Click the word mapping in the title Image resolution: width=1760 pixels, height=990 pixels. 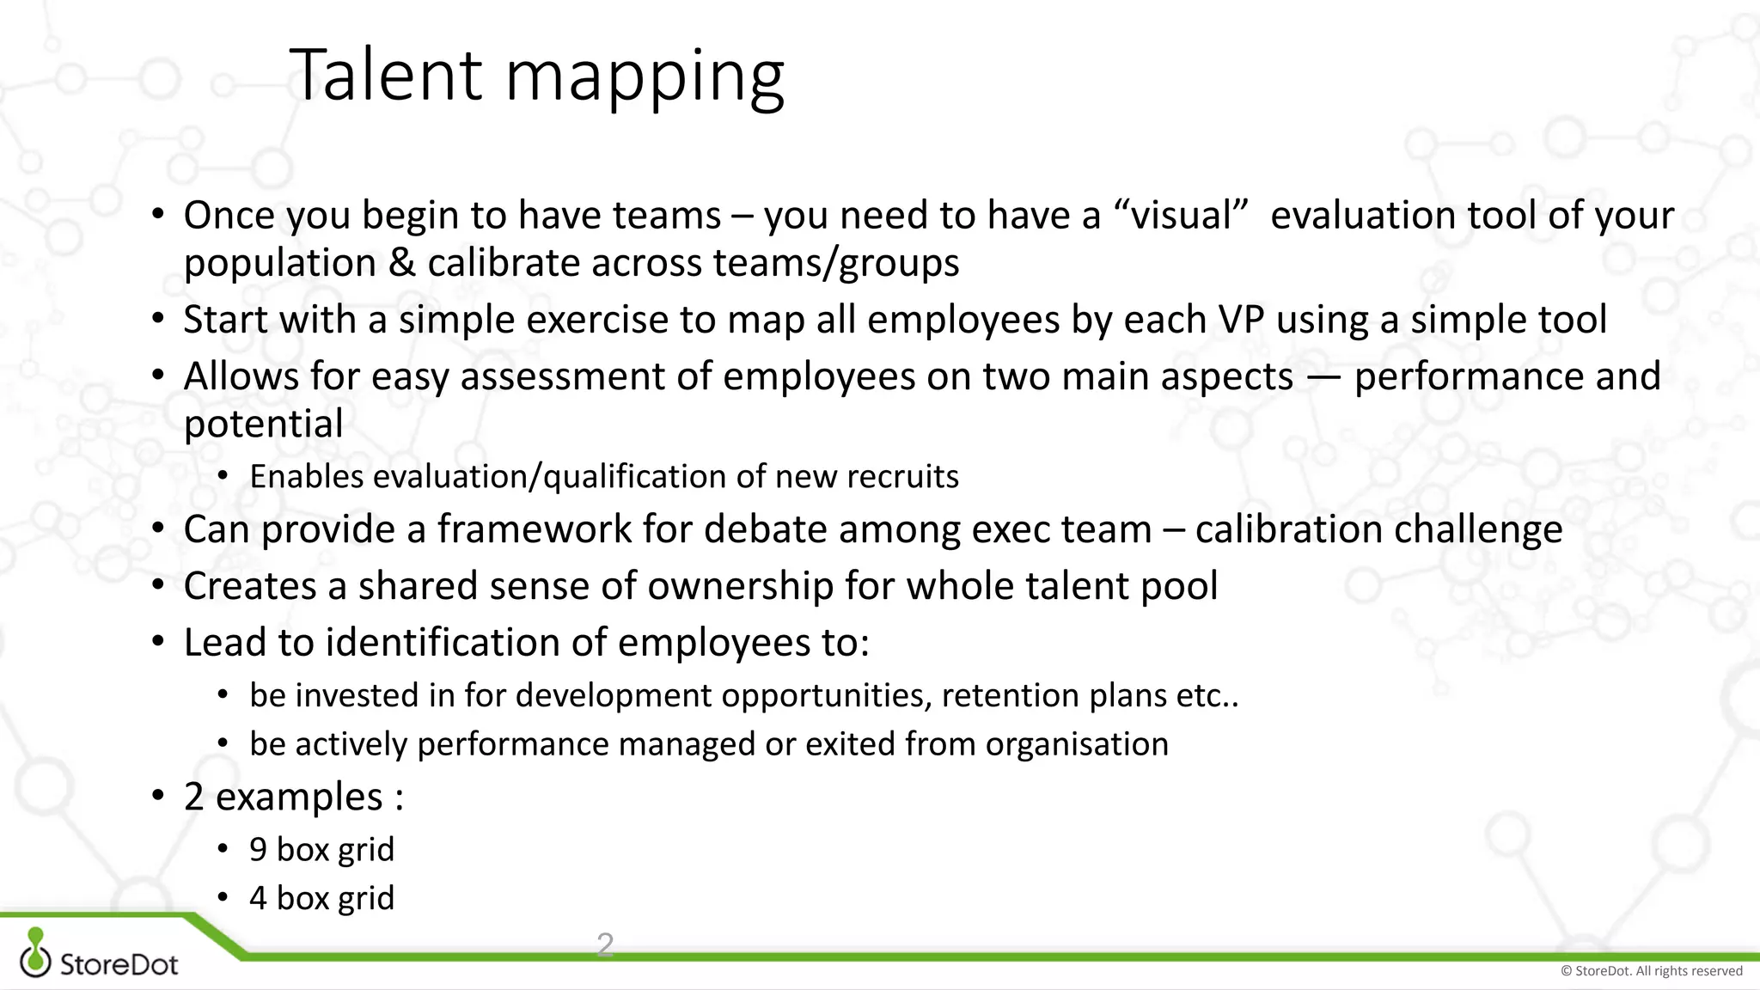pos(645,79)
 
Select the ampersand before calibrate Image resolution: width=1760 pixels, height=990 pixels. pos(401,263)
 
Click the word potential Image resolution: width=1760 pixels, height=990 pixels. pos(263,425)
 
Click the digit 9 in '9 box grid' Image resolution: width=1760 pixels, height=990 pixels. pos(258,850)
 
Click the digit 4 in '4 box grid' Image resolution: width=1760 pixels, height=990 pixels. pos(258,899)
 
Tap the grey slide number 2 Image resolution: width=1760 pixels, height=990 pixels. pos(605,944)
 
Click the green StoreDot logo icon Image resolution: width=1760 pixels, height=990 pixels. pos(35,952)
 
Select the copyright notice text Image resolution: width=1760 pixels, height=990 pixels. pos(1651,971)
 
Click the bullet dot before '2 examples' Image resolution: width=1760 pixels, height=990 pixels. pos(157,796)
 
